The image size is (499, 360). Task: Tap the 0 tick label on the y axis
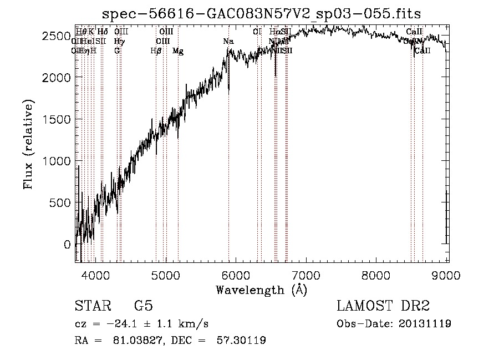[67, 244]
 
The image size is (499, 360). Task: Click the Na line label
[228, 41]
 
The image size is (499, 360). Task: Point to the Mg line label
[178, 50]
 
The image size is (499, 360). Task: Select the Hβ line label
[156, 50]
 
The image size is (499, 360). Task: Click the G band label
[117, 50]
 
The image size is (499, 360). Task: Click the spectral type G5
[143, 306]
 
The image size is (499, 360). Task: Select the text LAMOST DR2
[383, 306]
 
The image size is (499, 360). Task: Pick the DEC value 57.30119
[241, 341]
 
